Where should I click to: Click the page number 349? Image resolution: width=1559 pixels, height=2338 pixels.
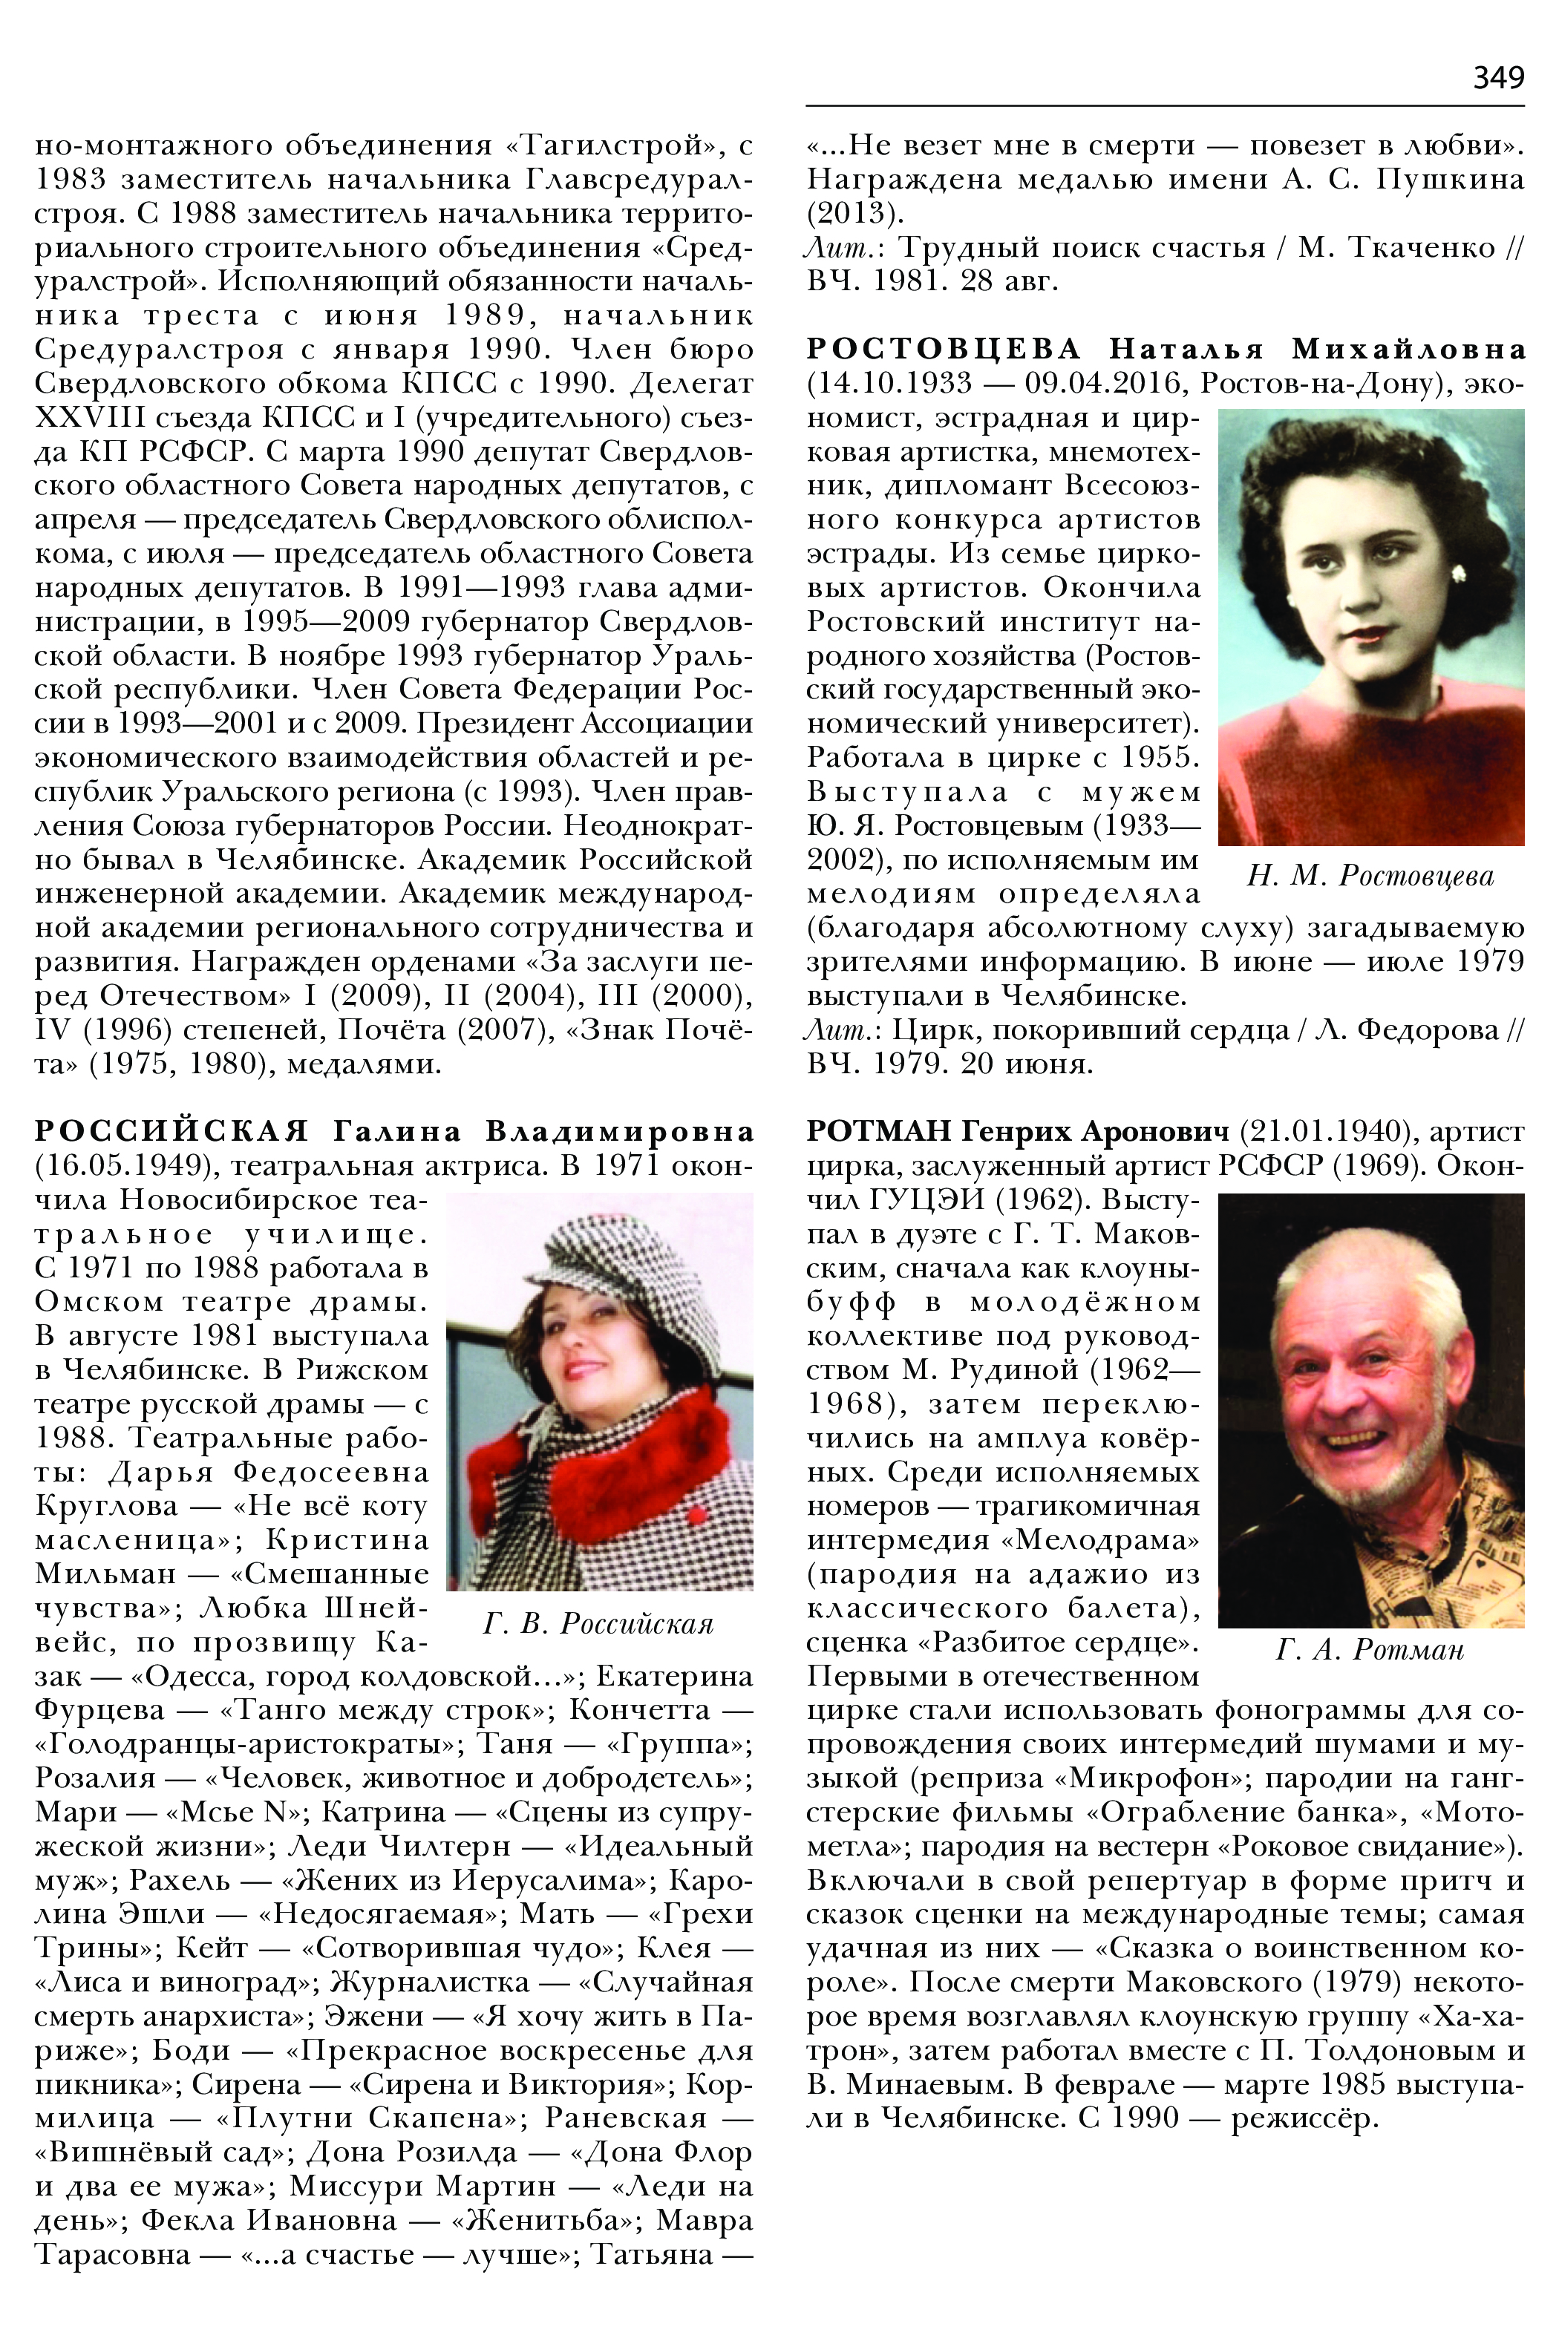[1497, 77]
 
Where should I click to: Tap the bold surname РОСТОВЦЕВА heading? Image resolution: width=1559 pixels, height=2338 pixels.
[944, 349]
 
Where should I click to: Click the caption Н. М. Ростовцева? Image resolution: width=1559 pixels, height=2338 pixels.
[1370, 876]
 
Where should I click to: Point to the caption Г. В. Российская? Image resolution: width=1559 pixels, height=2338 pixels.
[598, 1623]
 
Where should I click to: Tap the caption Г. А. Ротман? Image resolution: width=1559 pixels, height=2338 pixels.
[1370, 1650]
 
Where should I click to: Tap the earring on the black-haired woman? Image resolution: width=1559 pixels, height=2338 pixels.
[1459, 574]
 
